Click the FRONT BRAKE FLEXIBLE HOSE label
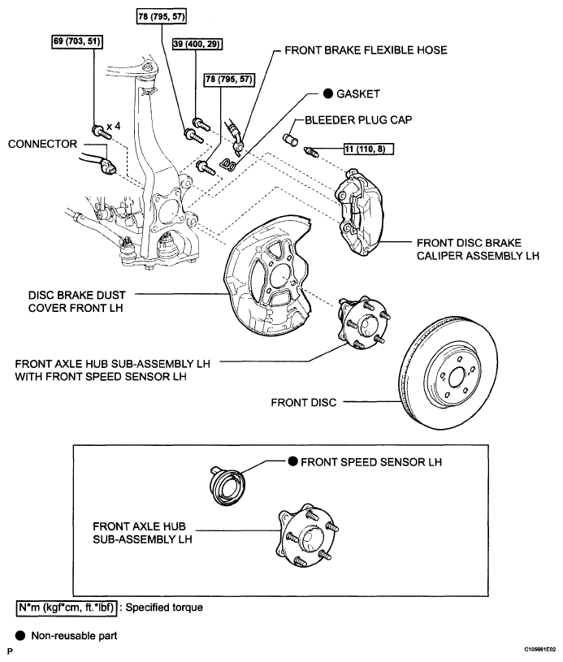click(x=366, y=50)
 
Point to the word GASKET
click(x=358, y=93)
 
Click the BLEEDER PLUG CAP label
click(x=358, y=120)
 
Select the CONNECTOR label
click(x=43, y=144)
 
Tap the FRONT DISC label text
click(x=304, y=402)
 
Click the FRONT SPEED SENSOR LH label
click(x=371, y=462)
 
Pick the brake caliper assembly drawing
click(x=358, y=212)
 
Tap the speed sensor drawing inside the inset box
click(x=227, y=485)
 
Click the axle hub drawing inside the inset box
click(x=307, y=534)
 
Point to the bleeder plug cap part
click(x=290, y=139)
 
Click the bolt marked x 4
click(x=101, y=132)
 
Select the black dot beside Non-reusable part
click(x=20, y=635)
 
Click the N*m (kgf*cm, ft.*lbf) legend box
click(x=67, y=608)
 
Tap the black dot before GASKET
click(x=328, y=93)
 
